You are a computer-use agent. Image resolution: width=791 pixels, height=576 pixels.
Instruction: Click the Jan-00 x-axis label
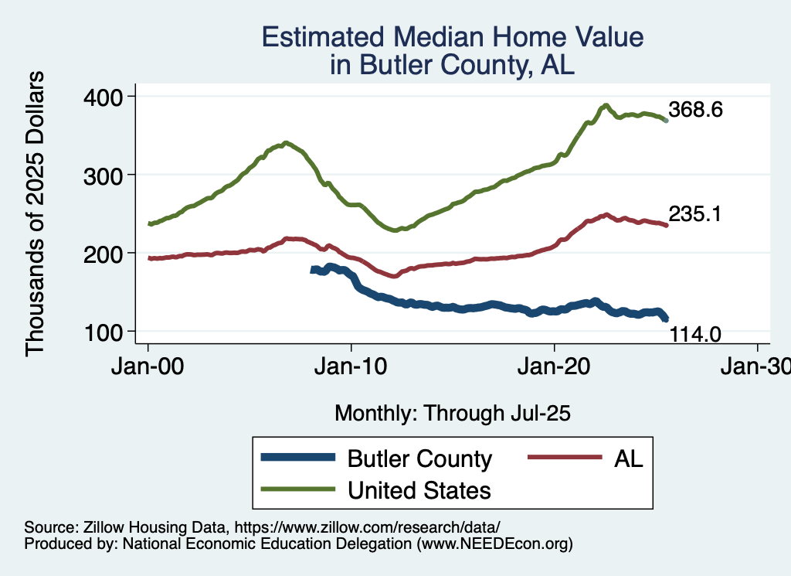148,369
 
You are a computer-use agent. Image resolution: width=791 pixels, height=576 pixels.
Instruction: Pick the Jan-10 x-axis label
351,369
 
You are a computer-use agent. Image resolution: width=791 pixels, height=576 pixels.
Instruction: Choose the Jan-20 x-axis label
555,369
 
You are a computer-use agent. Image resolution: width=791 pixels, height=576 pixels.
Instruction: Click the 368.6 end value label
695,110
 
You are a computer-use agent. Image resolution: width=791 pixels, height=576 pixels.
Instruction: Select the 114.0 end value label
695,334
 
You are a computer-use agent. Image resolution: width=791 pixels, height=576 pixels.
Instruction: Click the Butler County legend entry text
419,458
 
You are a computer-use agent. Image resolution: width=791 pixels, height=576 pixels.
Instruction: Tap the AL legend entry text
629,458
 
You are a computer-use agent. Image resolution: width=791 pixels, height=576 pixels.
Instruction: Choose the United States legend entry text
419,489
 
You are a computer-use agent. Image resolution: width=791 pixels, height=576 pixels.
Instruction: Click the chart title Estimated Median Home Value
452,37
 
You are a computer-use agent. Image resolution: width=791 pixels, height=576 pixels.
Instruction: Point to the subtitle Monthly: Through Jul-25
452,414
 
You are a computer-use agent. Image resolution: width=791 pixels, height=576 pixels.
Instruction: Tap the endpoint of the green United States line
666,121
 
